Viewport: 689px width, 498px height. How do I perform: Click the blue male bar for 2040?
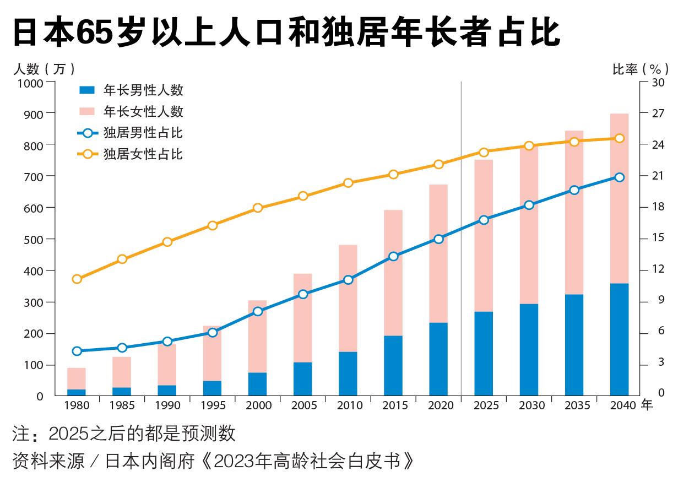tap(619, 339)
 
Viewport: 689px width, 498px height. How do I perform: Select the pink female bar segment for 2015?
tap(393, 273)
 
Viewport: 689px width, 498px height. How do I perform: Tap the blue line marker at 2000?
tap(258, 311)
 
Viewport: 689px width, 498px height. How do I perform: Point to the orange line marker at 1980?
tap(77, 279)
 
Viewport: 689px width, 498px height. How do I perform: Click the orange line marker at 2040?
tap(619, 138)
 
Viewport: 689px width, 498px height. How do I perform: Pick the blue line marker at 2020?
tap(438, 239)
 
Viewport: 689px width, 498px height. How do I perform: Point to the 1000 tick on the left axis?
tap(30, 83)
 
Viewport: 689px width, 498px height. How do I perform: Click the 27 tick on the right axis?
tap(659, 113)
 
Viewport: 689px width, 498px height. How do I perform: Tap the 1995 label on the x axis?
tap(213, 405)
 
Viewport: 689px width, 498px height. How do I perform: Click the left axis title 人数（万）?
tap(44, 69)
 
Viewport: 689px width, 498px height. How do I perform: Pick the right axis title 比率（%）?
tap(641, 69)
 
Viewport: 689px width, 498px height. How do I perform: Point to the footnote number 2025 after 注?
tap(68, 434)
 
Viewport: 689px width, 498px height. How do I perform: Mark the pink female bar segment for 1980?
tap(77, 378)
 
